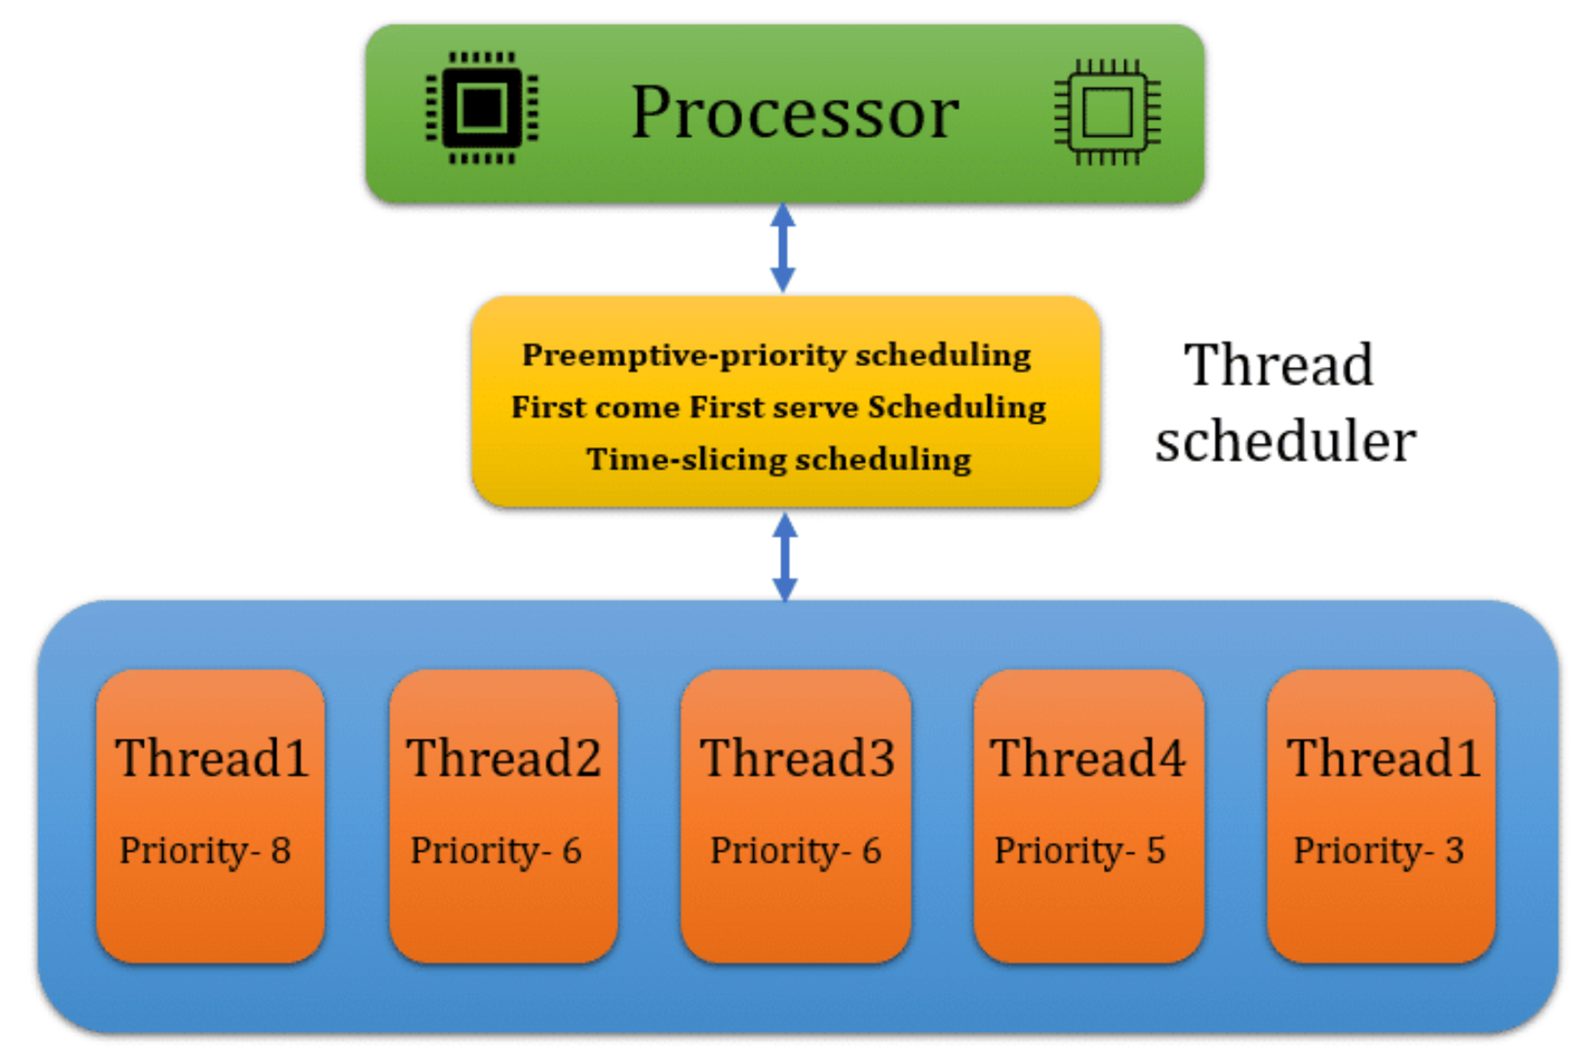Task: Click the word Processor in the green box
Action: coord(794,113)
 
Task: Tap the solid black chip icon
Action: coord(482,108)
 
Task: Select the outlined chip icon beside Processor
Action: coord(1107,112)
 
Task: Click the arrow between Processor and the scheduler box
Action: coord(783,248)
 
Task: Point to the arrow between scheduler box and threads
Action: coord(785,557)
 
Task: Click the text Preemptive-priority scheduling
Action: coord(776,355)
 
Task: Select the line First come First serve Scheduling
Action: coord(778,407)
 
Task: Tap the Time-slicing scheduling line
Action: coord(778,460)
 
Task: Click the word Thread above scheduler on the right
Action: coord(1278,365)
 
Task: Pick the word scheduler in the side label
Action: coord(1285,441)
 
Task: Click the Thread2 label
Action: coord(503,757)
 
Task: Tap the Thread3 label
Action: coord(797,757)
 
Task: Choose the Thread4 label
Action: coord(1088,757)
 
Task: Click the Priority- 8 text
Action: coord(206,851)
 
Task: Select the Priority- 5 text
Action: coord(1080,851)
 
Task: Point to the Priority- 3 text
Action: coord(1378,851)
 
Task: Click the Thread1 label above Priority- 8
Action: coord(211,757)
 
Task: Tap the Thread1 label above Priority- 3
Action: coord(1383,757)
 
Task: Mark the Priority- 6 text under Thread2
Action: coord(496,851)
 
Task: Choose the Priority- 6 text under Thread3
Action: coord(795,851)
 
